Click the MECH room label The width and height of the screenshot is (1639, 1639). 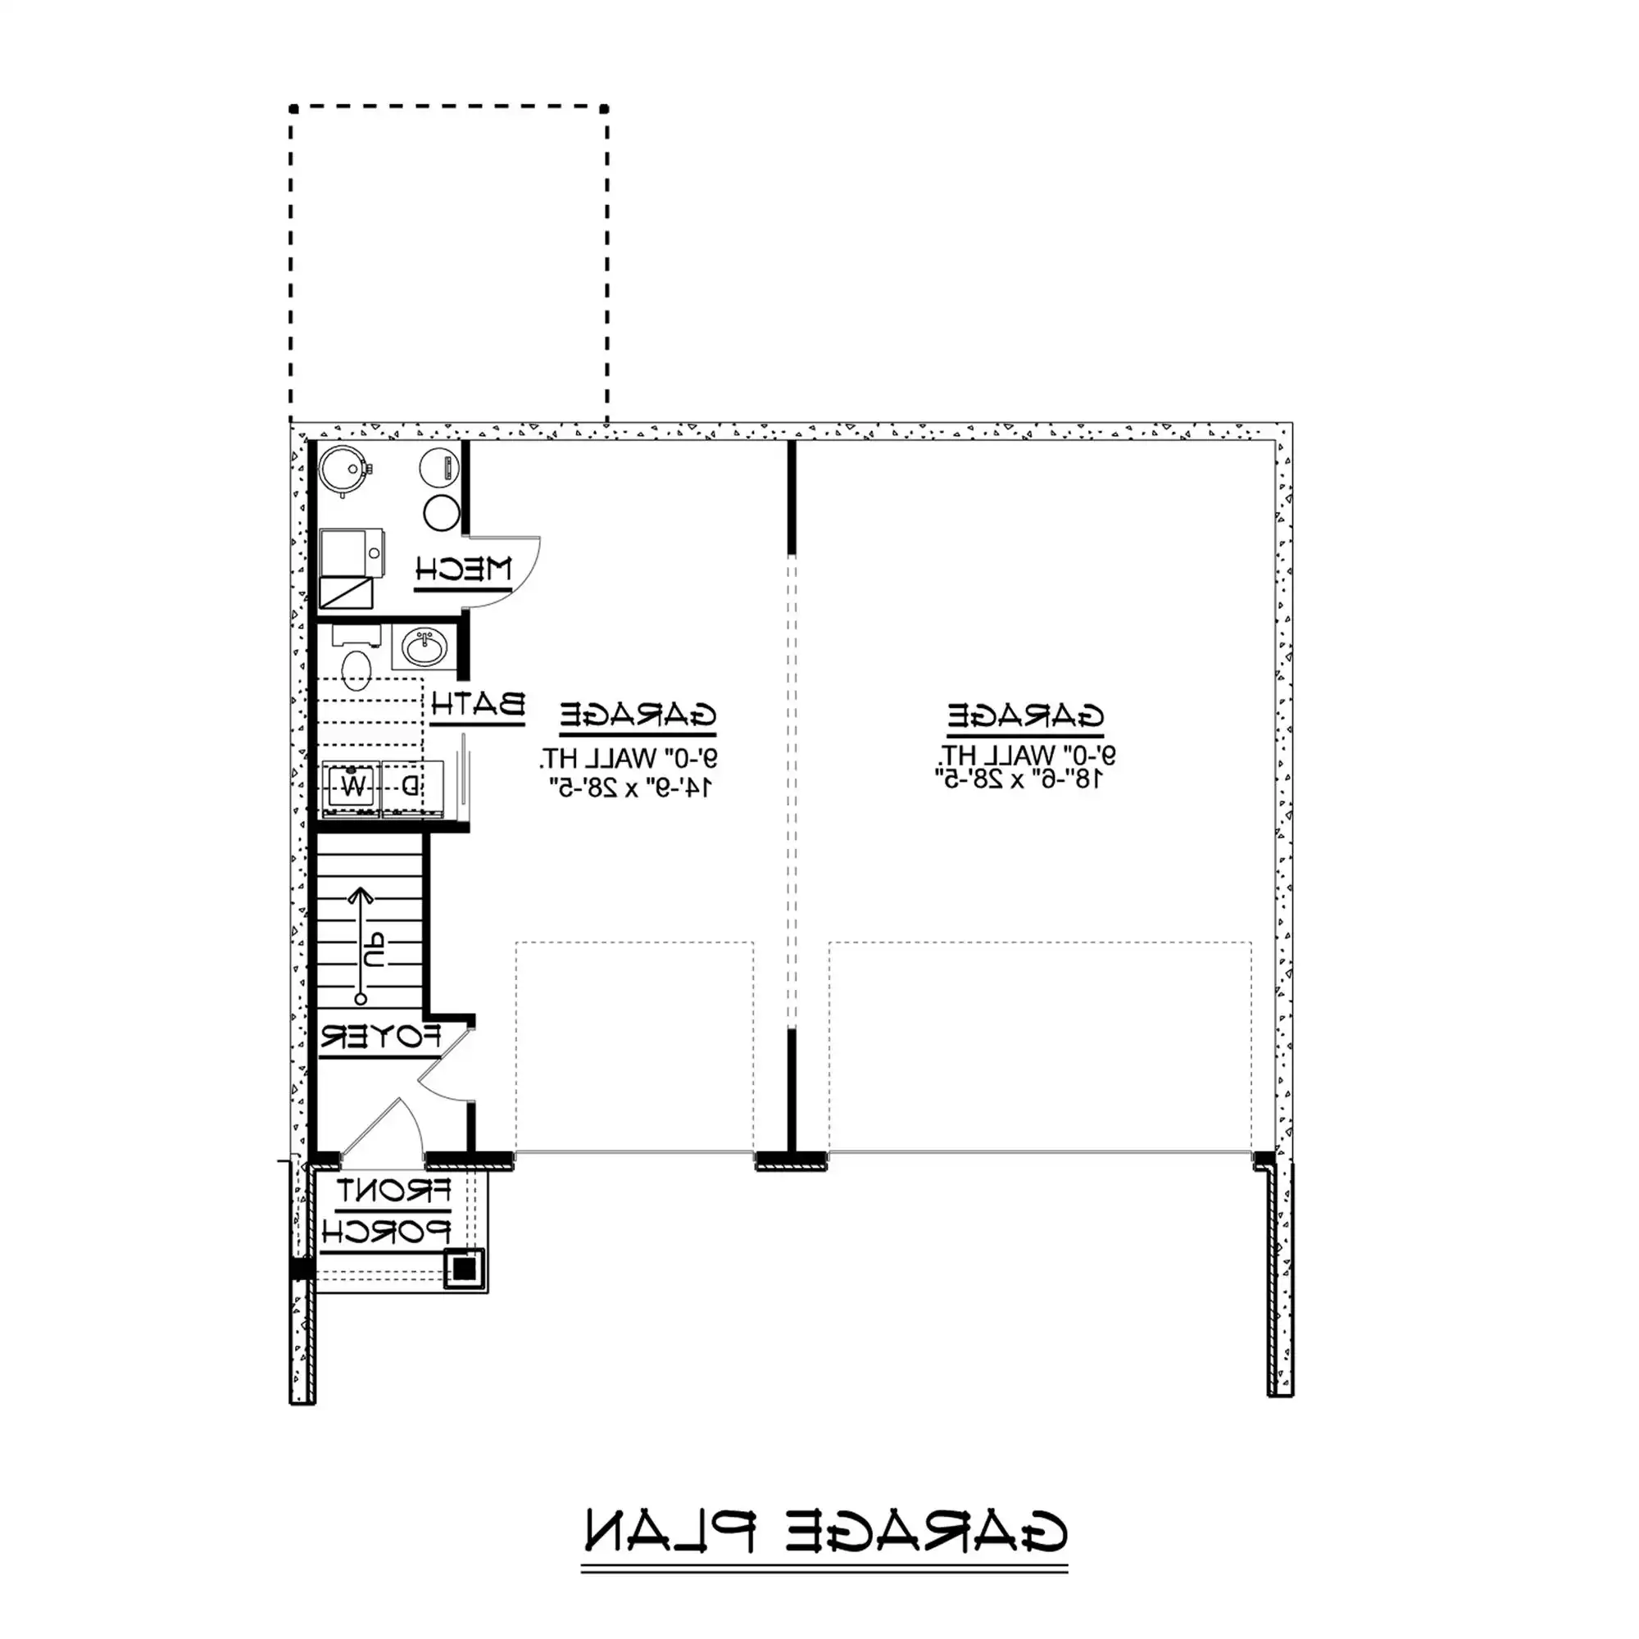[464, 569]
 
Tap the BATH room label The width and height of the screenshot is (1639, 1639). [479, 704]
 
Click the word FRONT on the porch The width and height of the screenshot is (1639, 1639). [393, 1192]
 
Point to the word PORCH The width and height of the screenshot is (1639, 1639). [386, 1232]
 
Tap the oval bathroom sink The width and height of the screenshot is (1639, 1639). [424, 649]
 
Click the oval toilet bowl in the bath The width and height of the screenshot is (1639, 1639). [357, 670]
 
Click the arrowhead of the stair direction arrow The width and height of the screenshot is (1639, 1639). [361, 895]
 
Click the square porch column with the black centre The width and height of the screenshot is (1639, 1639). [465, 1269]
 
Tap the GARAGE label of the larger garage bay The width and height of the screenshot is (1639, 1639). [1026, 716]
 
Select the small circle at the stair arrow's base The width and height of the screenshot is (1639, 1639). [361, 999]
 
